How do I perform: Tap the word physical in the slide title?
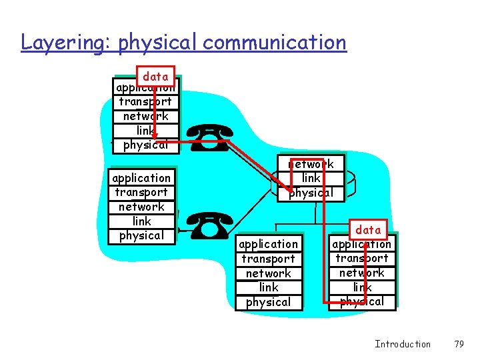tap(157, 43)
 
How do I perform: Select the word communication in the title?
tap(275, 43)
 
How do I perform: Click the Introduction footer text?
tap(403, 344)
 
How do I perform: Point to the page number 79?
tap(458, 344)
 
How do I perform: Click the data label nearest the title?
tap(155, 76)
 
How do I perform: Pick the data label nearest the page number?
tap(368, 230)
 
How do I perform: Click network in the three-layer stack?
tap(311, 164)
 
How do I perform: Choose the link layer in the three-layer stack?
tap(311, 178)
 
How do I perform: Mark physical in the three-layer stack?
tap(311, 193)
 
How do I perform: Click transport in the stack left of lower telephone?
tap(141, 192)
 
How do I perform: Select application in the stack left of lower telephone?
tap(141, 178)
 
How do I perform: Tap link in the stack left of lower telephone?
tap(141, 221)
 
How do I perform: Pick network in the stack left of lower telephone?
tap(141, 207)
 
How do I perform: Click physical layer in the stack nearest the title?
tap(145, 145)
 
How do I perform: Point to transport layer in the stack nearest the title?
tap(145, 101)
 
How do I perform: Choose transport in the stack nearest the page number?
tap(362, 258)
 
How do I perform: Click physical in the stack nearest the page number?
tap(362, 301)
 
